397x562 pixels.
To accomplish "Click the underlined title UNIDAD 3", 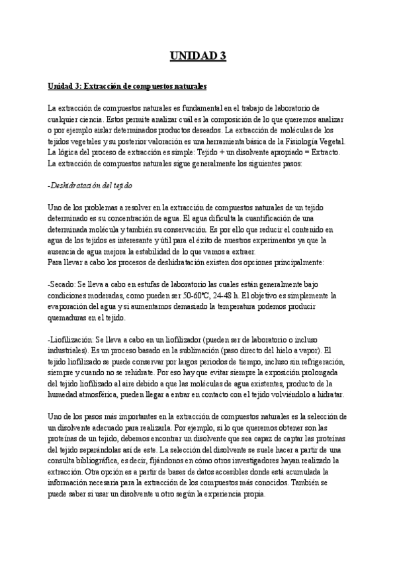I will [198, 56].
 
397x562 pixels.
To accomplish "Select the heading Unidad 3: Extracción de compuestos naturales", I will [128, 86].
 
